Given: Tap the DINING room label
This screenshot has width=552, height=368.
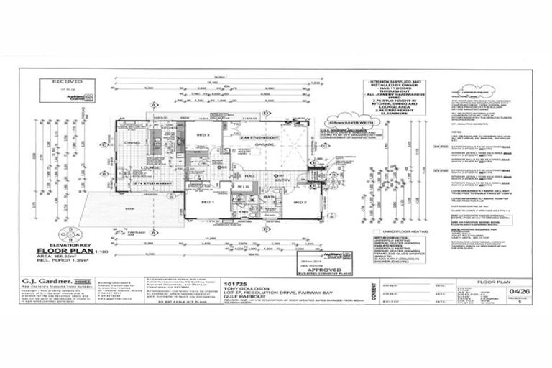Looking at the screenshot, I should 134,143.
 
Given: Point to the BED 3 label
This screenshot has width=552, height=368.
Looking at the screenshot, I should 202,135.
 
